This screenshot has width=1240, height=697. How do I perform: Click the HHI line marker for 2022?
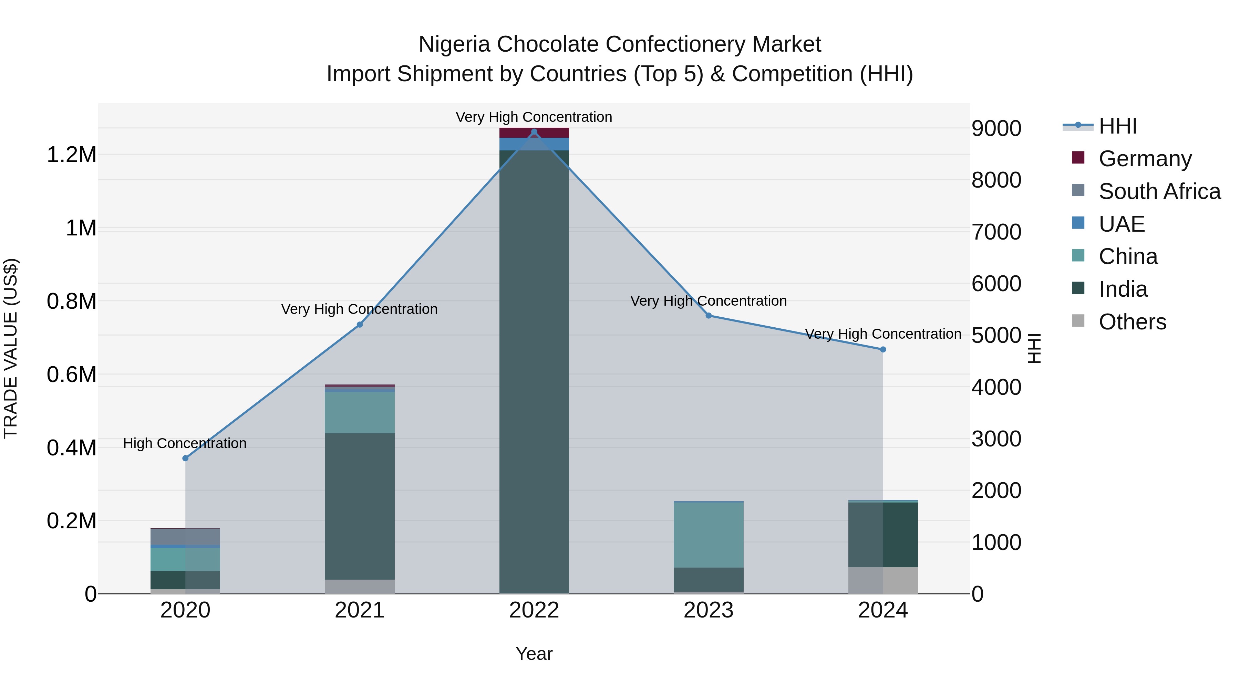coord(534,132)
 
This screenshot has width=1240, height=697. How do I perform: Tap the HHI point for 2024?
coord(883,350)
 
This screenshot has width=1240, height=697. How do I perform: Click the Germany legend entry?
coord(1145,159)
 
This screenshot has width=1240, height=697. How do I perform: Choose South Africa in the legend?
coord(1159,191)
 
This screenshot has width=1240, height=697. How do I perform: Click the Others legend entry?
coord(1132,322)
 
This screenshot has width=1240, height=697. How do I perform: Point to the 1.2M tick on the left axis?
coord(71,155)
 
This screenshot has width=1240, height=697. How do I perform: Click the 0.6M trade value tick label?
coord(71,374)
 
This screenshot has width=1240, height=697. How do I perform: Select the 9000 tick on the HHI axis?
coord(996,128)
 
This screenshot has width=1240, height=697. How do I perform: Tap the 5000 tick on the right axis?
coord(996,335)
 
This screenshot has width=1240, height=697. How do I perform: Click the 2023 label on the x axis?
coord(708,610)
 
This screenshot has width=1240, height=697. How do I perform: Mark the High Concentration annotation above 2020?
coord(185,443)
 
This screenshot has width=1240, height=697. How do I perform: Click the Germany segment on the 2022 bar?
coord(534,133)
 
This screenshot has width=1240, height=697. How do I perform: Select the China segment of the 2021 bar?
coord(360,412)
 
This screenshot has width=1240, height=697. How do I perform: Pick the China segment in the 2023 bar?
coord(708,535)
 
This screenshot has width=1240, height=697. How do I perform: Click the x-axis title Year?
coord(534,654)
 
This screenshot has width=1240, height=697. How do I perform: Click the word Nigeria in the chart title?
coord(454,44)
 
